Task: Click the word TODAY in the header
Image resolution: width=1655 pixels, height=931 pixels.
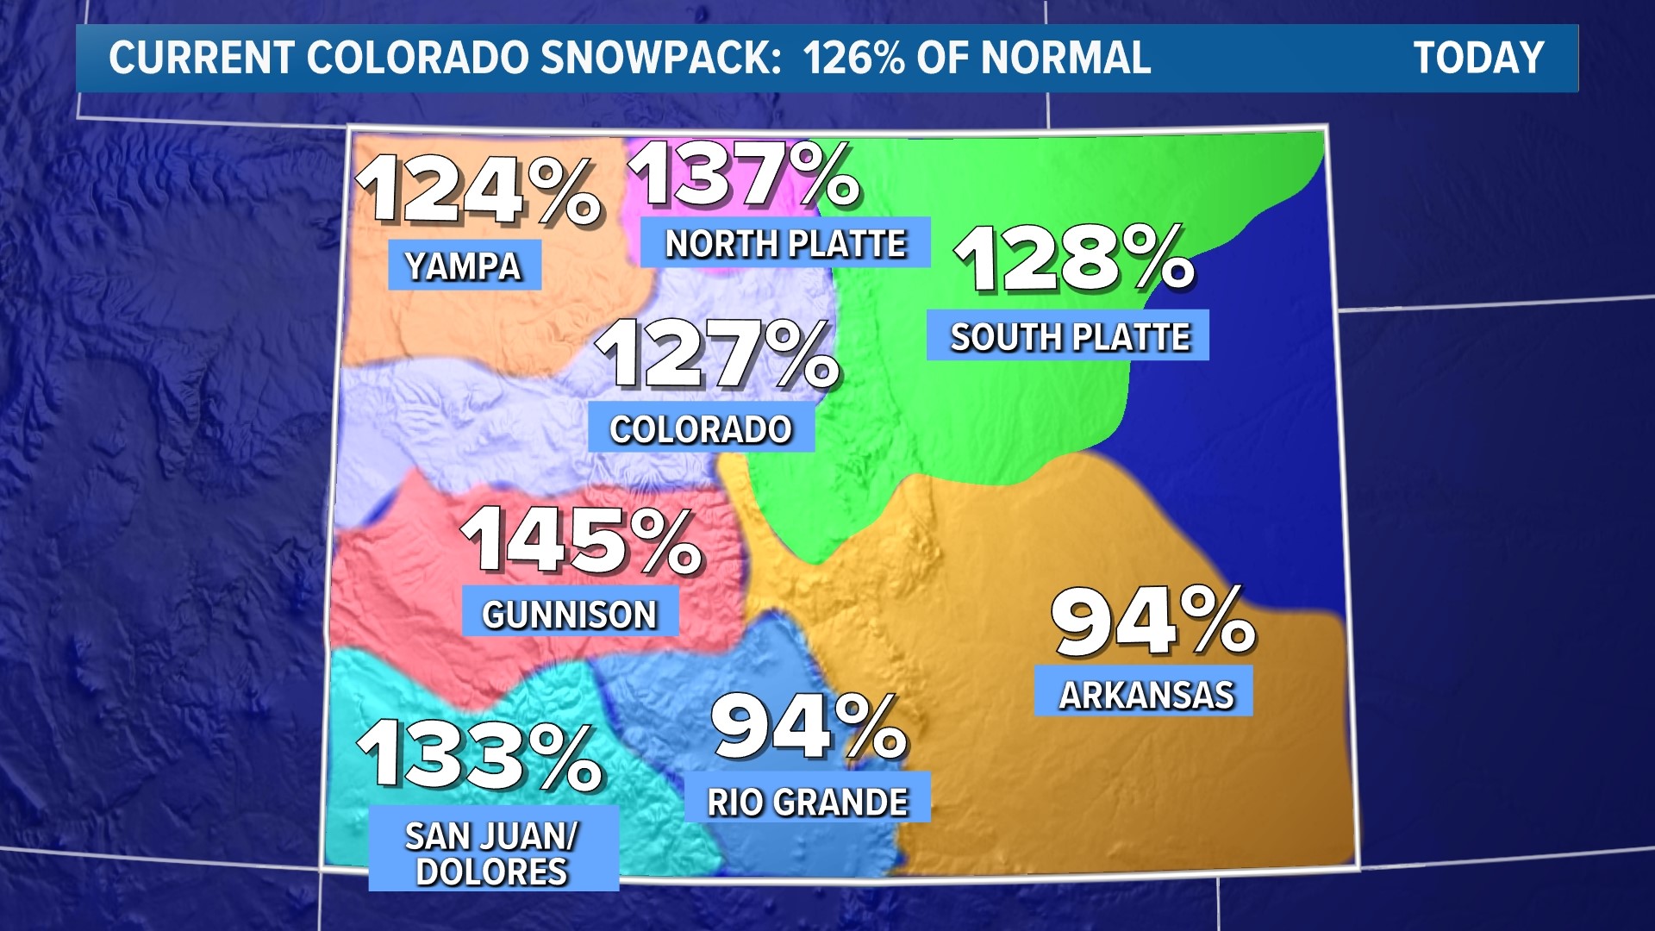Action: pyautogui.click(x=1478, y=59)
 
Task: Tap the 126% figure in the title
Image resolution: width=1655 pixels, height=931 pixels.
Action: pyautogui.click(x=853, y=59)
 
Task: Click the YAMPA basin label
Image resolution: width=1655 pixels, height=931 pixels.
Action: pyautogui.click(x=464, y=266)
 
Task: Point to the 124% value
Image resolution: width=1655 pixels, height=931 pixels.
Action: pyautogui.click(x=478, y=191)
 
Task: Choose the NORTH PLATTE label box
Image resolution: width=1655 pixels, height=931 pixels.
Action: pyautogui.click(x=785, y=244)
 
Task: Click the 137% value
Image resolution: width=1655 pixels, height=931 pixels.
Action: pyautogui.click(x=746, y=176)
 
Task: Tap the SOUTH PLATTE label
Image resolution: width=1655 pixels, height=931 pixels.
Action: pyautogui.click(x=1069, y=336)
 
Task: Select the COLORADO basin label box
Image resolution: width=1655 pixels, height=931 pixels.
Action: pyautogui.click(x=701, y=428)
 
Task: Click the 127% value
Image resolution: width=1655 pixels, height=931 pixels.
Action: pyautogui.click(x=717, y=354)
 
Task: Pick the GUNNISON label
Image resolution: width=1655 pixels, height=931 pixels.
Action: pyautogui.click(x=570, y=614)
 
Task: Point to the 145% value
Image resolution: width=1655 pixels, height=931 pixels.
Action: pyautogui.click(x=583, y=541)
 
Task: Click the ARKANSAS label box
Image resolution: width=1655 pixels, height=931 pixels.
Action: pyautogui.click(x=1145, y=694)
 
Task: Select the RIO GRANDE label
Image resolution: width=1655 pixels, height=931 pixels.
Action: pyautogui.click(x=808, y=802)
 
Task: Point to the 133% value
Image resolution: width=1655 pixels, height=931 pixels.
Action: pyautogui.click(x=481, y=756)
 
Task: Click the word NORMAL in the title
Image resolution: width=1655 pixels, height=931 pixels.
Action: pyautogui.click(x=1065, y=59)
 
